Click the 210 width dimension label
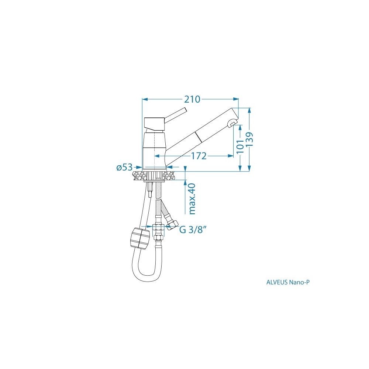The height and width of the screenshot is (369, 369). pos(192,99)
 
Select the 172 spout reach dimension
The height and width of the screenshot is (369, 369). pos(199,156)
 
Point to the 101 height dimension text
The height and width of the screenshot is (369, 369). pos(240,146)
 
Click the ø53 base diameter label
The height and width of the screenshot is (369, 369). pos(125,167)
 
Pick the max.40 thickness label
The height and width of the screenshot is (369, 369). pos(192,199)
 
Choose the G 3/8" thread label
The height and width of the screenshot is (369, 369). pos(193,230)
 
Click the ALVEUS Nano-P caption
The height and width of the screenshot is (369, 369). pos(288,282)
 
